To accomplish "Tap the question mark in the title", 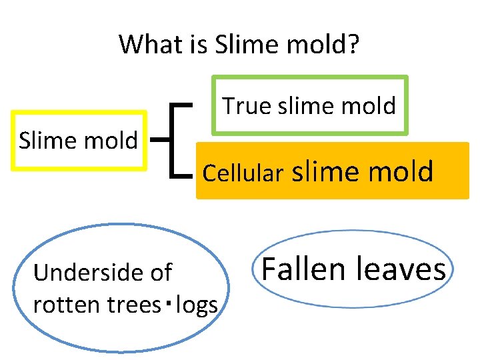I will pos(353,45).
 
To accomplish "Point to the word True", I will pos(246,105).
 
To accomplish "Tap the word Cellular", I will pos(243,173).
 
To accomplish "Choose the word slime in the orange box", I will pos(323,171).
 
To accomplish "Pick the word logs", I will pos(196,305).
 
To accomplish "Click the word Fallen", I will pos(303,269).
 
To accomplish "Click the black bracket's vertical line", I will pos(174,141).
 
